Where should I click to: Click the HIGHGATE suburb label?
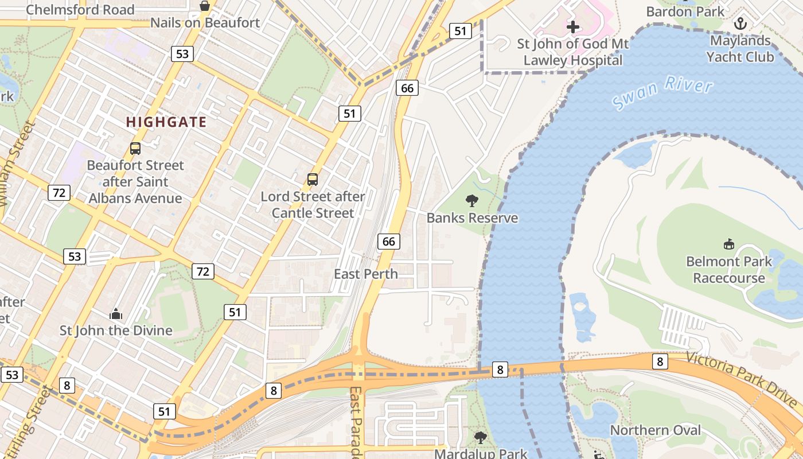pyautogui.click(x=166, y=122)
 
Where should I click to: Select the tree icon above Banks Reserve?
pyautogui.click(x=472, y=200)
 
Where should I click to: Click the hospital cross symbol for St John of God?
pyautogui.click(x=572, y=26)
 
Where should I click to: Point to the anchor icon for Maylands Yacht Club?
pyautogui.click(x=740, y=24)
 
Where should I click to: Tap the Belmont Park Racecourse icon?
pyautogui.click(x=728, y=244)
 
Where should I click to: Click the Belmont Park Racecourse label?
pyautogui.click(x=729, y=270)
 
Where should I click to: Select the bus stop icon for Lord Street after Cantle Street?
pyautogui.click(x=313, y=179)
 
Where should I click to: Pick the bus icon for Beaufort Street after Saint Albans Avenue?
pyautogui.click(x=135, y=148)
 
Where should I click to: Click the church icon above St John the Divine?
pyautogui.click(x=116, y=314)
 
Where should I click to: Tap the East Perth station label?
pyautogui.click(x=365, y=274)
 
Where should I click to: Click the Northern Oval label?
pyautogui.click(x=655, y=430)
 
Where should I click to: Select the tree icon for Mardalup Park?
pyautogui.click(x=481, y=438)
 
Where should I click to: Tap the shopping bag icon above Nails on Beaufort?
pyautogui.click(x=205, y=6)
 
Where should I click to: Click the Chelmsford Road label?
pyautogui.click(x=80, y=9)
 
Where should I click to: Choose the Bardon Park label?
pyautogui.click(x=685, y=11)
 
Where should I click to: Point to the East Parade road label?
pyautogui.click(x=356, y=422)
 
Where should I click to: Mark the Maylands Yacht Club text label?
pyautogui.click(x=740, y=49)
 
